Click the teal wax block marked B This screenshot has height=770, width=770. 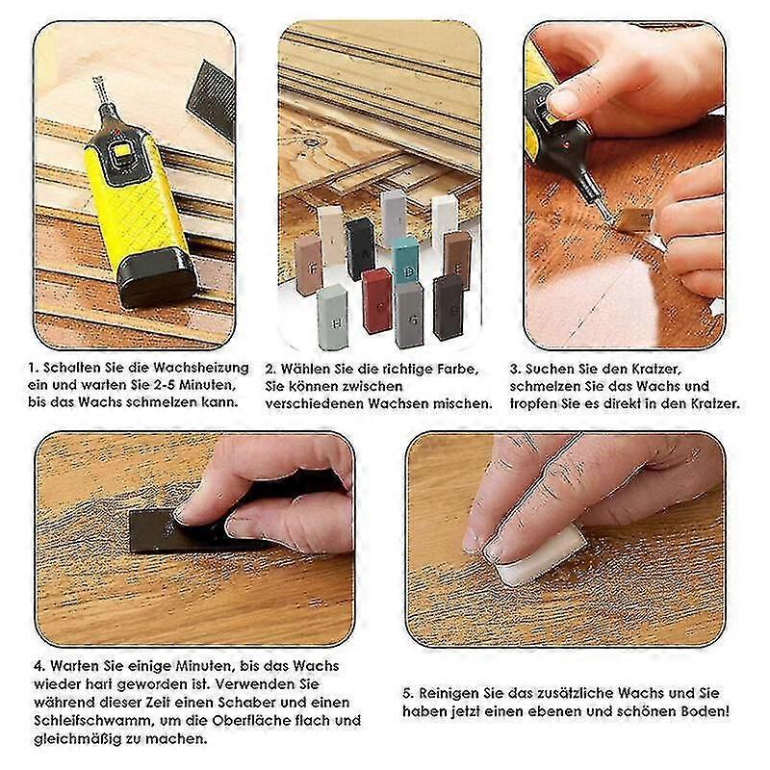point(405,260)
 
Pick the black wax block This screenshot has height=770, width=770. point(360,249)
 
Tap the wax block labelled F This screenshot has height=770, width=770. point(308,265)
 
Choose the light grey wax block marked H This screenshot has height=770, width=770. point(332,317)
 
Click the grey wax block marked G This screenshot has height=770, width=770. point(408,314)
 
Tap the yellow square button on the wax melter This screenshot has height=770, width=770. point(121,155)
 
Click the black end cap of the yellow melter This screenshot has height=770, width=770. point(154,276)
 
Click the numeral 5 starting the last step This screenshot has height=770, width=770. point(407,693)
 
